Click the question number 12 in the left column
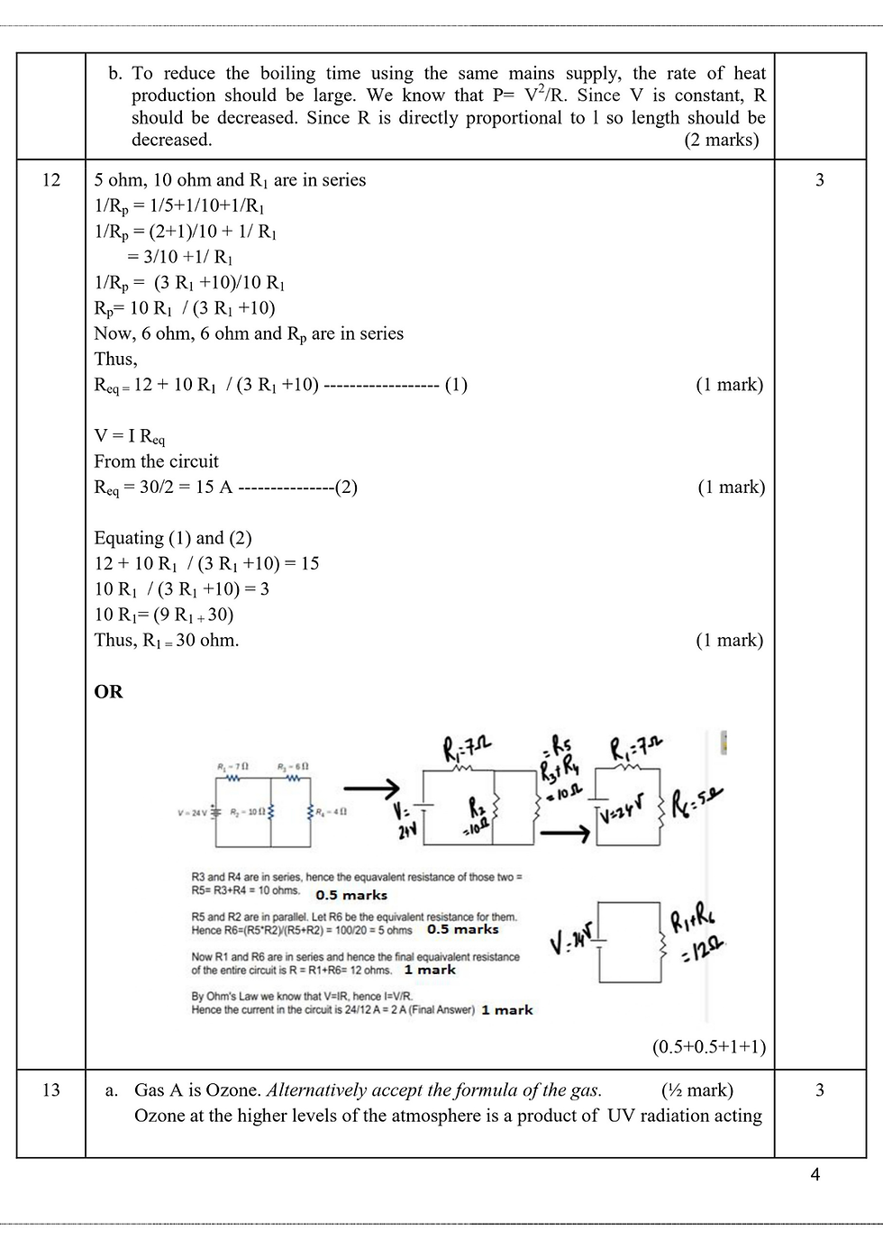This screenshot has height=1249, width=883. click(51, 180)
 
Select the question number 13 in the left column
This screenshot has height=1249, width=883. click(51, 1090)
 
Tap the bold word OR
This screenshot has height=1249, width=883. click(108, 692)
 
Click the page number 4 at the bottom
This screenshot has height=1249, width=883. click(815, 1174)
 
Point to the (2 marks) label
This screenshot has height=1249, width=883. click(722, 140)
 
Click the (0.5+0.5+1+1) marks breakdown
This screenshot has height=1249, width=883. click(709, 1047)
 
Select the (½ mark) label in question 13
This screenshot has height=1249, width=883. click(697, 1090)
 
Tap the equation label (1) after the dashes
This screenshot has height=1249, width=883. click(456, 385)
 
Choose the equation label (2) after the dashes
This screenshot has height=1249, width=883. click(346, 488)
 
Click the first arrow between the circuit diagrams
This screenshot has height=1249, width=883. click(371, 787)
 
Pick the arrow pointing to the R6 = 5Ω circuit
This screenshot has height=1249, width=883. click(564, 834)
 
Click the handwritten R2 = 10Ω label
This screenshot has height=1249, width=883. click(478, 815)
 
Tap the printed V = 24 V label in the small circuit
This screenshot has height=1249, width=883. click(193, 812)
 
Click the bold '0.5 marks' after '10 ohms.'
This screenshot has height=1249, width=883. click(351, 895)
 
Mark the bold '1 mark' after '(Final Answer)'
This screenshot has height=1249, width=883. click(507, 1010)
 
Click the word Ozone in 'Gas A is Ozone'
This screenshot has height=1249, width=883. click(233, 1090)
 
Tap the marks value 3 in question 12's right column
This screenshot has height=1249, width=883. click(819, 180)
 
